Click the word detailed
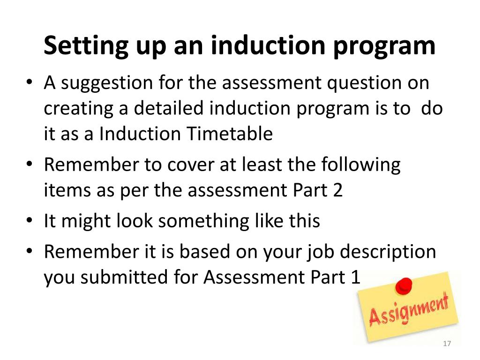170,108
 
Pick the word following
361,165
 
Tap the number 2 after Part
337,191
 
